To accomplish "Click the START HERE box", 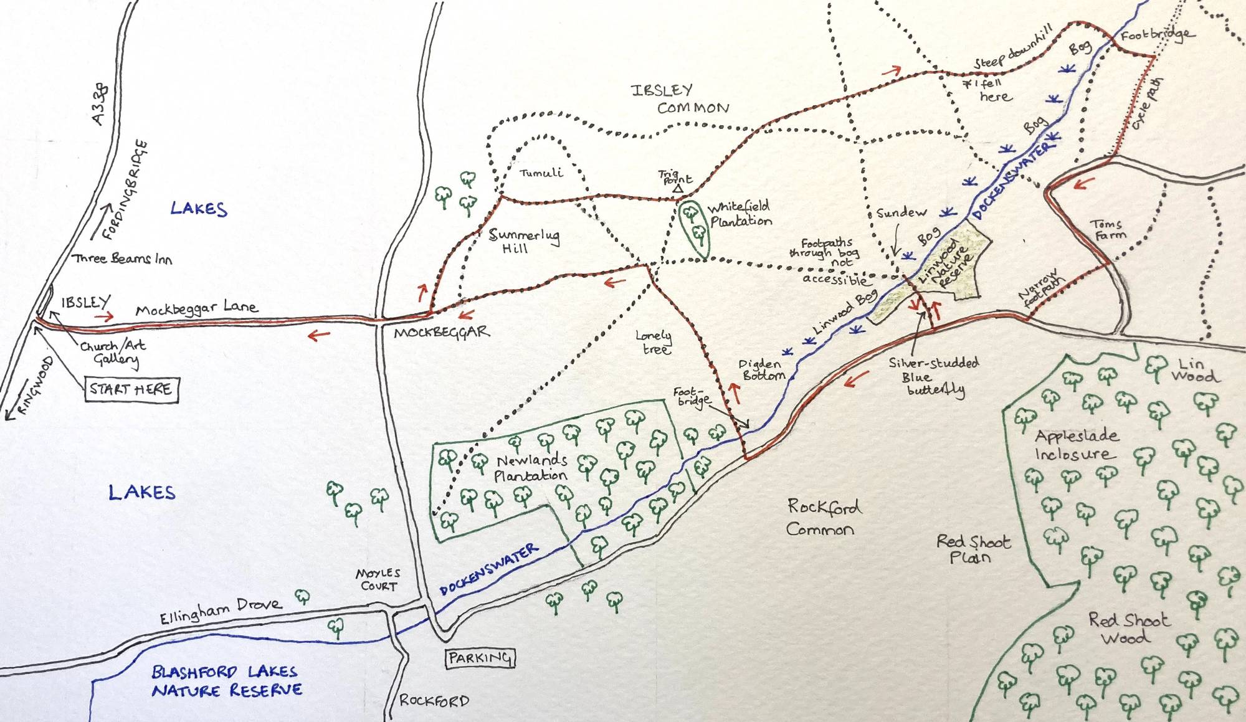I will (131, 390).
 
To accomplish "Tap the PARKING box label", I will (480, 658).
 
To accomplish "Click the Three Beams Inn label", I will (122, 259).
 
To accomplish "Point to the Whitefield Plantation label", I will (740, 214).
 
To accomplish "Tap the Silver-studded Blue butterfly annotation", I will (933, 376).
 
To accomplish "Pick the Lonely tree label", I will (654, 343).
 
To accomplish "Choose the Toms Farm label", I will (1108, 229).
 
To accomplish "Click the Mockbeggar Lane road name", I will (196, 308).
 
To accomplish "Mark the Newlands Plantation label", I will (531, 468).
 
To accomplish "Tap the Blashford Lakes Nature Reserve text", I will (227, 681).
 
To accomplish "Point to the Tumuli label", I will (541, 173).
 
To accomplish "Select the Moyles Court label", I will (378, 579).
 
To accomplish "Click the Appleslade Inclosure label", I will (1075, 444).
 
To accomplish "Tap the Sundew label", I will (901, 212).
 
